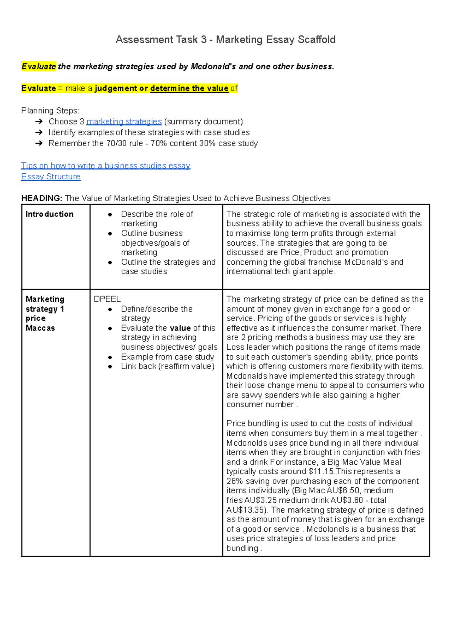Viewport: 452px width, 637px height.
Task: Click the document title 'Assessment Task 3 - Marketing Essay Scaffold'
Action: [225, 39]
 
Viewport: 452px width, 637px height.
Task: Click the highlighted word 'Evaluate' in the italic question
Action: [39, 67]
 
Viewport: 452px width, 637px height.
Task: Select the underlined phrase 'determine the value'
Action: [189, 88]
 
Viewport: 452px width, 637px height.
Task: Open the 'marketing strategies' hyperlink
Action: [124, 121]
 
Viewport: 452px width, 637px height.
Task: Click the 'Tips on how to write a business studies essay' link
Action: [105, 165]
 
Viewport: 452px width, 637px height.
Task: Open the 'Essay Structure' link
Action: [50, 176]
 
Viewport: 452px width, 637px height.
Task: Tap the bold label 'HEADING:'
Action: [41, 198]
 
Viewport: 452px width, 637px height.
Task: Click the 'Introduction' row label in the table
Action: [49, 214]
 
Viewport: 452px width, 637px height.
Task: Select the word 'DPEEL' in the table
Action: [107, 299]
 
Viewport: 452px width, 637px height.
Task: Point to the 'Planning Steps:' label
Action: [50, 111]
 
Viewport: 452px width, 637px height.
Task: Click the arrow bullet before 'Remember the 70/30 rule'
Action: [39, 143]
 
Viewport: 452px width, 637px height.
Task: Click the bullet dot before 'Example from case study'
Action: [110, 357]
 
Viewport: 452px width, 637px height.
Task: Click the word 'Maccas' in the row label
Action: [40, 328]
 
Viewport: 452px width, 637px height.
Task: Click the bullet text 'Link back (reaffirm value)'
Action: [168, 366]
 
